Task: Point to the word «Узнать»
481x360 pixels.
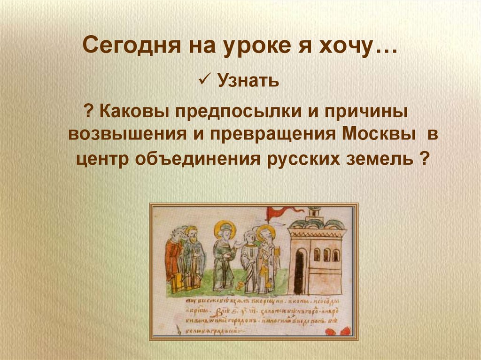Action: click(x=248, y=82)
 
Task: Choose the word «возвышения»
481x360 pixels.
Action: click(x=125, y=134)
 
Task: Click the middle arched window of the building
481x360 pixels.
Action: click(x=326, y=254)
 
